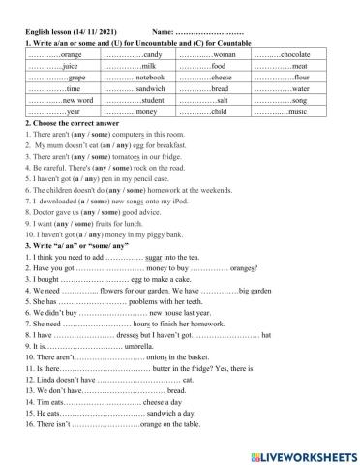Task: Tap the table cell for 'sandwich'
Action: (135, 88)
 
